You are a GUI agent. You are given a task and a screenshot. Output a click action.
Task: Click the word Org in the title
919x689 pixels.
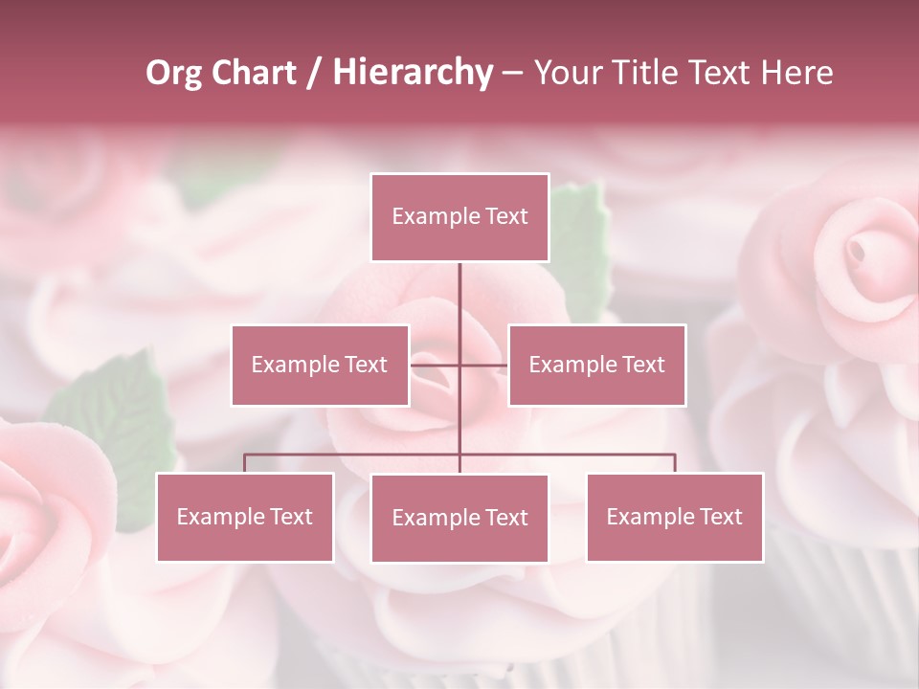(175, 73)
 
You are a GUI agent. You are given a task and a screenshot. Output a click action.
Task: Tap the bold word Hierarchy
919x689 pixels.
(413, 73)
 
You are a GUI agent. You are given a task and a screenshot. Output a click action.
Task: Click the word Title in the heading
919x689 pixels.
(639, 73)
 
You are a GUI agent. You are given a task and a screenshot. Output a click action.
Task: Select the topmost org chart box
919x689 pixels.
(459, 217)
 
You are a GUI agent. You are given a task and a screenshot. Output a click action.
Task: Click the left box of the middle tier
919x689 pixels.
(320, 365)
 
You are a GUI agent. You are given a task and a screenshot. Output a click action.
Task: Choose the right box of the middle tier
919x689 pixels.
(596, 365)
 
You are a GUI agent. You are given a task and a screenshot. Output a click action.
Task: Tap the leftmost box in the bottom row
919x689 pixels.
(245, 517)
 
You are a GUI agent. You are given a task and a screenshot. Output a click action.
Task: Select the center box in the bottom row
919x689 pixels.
(459, 518)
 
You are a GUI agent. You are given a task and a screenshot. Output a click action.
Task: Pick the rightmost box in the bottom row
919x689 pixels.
(675, 517)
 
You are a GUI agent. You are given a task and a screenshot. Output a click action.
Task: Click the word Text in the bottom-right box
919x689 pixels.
(721, 517)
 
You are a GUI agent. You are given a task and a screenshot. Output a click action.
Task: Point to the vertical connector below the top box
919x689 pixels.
(459, 297)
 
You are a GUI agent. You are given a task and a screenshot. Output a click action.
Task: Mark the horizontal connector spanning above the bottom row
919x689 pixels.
(354, 455)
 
